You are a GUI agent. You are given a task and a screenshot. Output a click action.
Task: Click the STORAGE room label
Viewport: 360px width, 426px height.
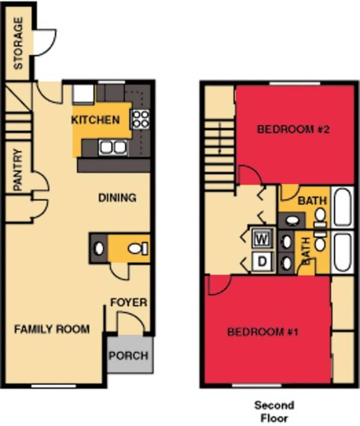18,43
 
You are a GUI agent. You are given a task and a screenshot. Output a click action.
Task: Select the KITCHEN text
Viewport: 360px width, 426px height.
95,120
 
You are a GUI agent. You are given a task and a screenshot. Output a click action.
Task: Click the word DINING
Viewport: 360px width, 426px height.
117,198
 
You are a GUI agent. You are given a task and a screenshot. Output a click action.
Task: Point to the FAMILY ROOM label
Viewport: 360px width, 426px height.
52,330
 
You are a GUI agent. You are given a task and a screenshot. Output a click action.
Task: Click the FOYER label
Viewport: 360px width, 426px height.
129,303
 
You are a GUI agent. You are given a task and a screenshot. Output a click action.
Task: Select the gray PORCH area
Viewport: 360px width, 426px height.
129,355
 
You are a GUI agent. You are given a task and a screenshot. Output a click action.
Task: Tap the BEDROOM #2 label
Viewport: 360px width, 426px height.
293,129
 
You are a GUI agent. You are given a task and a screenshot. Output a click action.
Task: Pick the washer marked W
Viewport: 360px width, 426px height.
262,238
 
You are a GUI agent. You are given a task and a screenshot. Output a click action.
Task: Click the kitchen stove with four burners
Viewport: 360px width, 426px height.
140,119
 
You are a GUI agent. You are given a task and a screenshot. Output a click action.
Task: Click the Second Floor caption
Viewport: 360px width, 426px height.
274,411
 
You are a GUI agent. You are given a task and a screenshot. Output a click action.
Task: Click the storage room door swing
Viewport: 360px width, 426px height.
44,40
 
